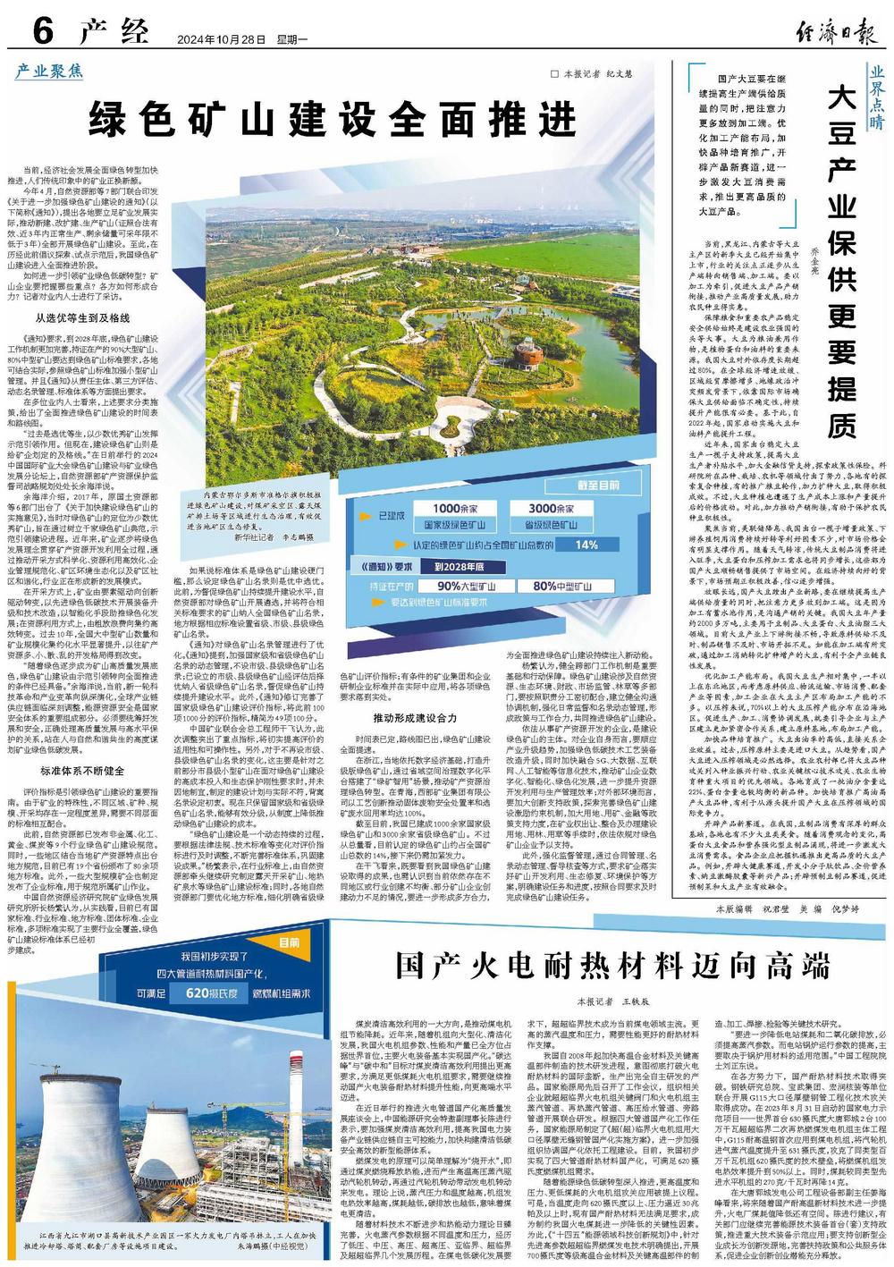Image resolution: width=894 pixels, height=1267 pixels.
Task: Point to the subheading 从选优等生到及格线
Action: (82, 318)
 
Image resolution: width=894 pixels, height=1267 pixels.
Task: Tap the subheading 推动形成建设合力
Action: (415, 718)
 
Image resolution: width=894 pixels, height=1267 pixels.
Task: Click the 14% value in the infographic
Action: (586, 545)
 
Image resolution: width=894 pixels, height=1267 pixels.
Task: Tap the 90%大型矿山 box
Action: (461, 587)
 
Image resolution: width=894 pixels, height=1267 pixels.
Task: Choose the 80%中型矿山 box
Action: (556, 587)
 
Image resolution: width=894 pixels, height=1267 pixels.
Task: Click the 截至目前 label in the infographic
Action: (598, 485)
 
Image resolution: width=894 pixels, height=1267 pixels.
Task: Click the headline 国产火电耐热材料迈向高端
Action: (612, 967)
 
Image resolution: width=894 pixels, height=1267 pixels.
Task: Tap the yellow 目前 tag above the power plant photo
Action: (288, 943)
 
